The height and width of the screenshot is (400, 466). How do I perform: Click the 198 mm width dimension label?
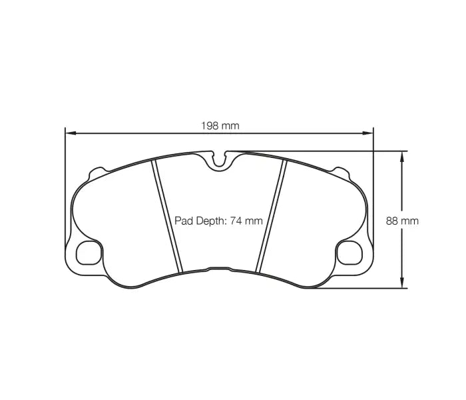click(x=220, y=125)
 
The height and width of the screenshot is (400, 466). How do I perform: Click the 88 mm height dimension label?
click(x=402, y=221)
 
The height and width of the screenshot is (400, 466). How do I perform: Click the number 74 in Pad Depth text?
click(x=236, y=221)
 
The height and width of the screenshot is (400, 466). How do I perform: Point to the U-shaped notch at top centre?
click(x=220, y=160)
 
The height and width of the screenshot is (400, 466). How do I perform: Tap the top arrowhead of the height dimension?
click(x=401, y=155)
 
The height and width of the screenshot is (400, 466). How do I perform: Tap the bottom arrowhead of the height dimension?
click(x=401, y=285)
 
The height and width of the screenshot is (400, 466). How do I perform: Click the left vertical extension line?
click(x=65, y=187)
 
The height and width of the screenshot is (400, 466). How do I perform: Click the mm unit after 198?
click(x=230, y=125)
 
